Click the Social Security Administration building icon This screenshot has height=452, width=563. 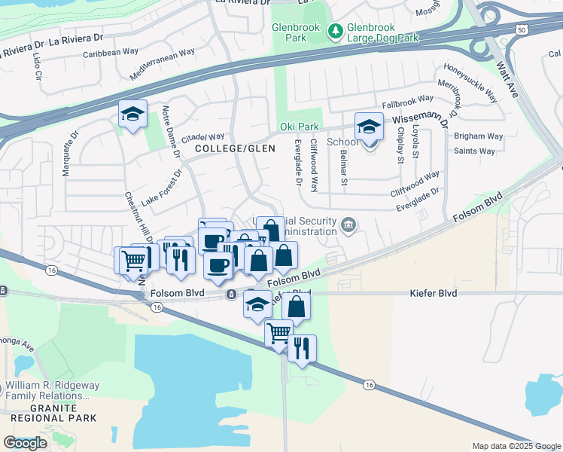[x=348, y=224]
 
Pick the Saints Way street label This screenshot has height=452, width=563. [x=474, y=151]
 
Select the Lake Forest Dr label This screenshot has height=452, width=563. [x=163, y=182]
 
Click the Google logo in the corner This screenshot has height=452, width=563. [x=25, y=443]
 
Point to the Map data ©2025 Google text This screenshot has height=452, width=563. [x=516, y=446]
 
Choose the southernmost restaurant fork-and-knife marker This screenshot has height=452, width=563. [x=302, y=349]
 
